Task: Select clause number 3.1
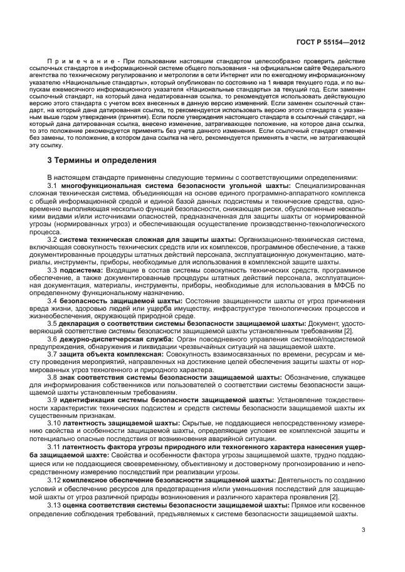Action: click(53, 187)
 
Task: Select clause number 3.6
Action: click(53, 338)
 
